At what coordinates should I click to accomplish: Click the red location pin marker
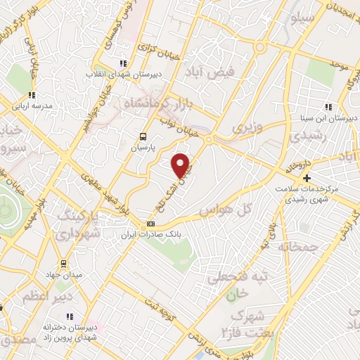181,165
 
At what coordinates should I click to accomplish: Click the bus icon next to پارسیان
143,136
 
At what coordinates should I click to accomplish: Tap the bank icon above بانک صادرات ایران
150,224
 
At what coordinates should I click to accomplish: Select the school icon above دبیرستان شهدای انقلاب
124,62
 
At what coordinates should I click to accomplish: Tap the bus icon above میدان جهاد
63,264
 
